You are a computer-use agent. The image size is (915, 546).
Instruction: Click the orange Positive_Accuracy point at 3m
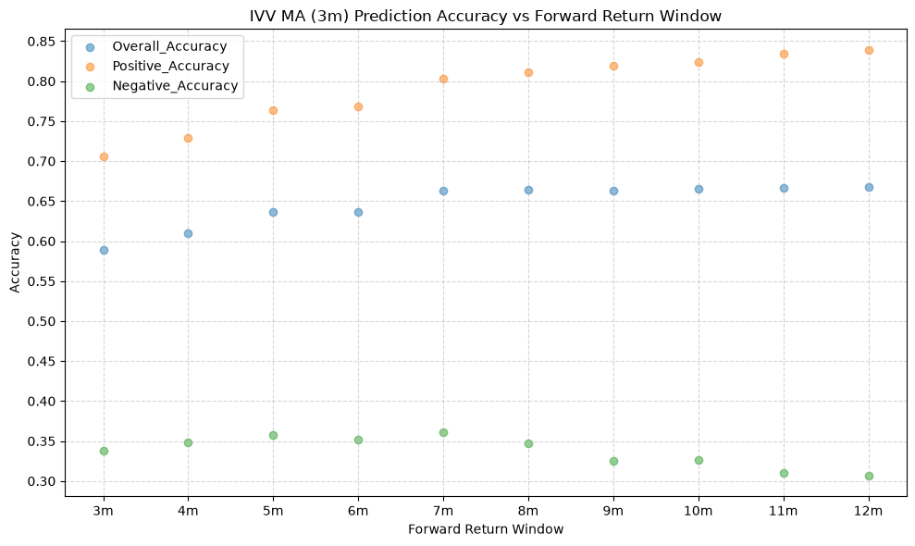coord(104,157)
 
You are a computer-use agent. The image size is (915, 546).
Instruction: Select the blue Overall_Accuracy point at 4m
coord(188,233)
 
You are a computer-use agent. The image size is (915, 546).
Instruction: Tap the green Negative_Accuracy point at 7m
coord(443,433)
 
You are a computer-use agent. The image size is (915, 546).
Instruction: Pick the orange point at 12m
coord(869,51)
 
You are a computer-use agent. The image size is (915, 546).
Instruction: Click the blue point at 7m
coord(443,191)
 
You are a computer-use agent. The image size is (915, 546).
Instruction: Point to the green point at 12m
coord(869,476)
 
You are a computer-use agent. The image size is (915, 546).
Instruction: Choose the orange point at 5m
coord(273,110)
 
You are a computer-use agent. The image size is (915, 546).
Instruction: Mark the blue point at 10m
coord(699,189)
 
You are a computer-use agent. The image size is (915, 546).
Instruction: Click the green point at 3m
coord(104,451)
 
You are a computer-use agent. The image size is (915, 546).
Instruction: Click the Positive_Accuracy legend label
coord(170,66)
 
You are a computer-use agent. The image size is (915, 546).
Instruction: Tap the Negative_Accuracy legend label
coord(175,86)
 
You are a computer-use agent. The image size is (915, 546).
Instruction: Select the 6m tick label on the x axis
coord(358,511)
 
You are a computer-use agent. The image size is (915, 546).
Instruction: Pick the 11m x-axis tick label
coord(784,511)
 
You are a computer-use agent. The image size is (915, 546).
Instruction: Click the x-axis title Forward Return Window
coord(486,529)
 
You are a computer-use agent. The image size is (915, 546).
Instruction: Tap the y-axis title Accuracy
coord(15,262)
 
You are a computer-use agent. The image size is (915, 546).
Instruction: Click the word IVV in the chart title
coord(262,16)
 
